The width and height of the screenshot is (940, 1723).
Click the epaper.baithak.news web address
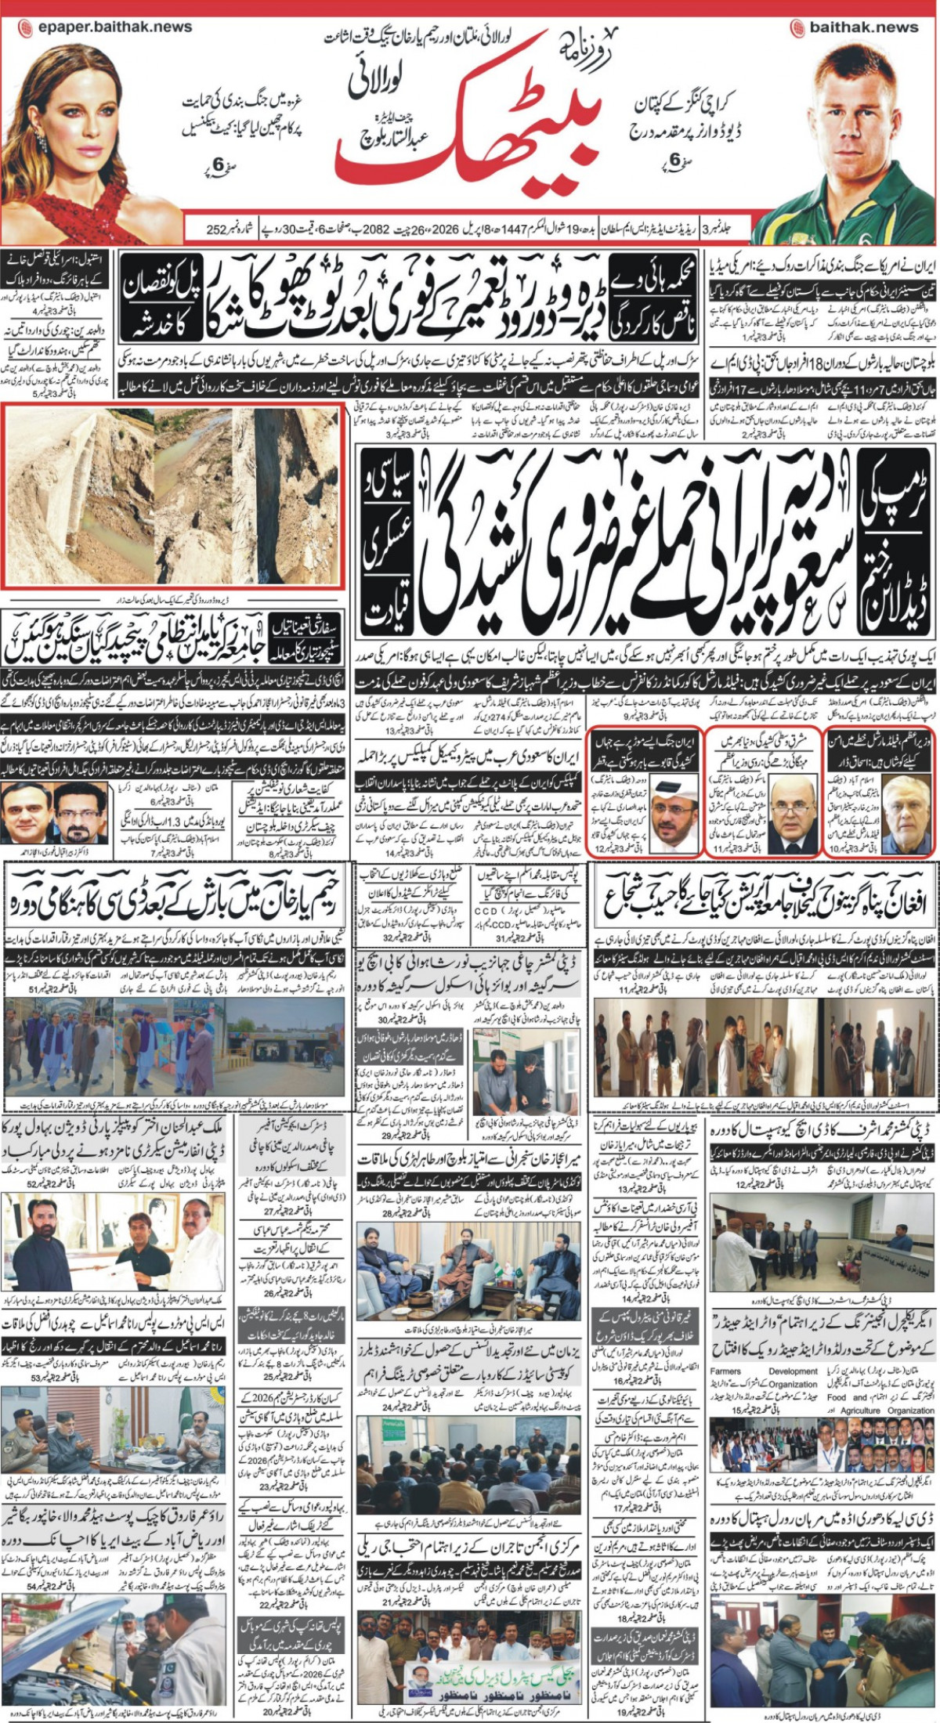(x=105, y=27)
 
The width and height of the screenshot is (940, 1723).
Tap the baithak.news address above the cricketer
(x=854, y=27)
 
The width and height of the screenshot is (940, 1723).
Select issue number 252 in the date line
(x=216, y=230)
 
